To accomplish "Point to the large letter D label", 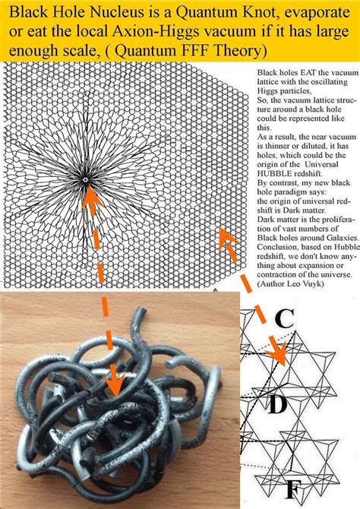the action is click(277, 404).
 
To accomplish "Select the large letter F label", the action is click(295, 491).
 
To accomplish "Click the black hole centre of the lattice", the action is click(85, 179).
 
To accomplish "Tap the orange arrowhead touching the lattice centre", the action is click(91, 197).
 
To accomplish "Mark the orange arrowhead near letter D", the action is click(278, 355).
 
